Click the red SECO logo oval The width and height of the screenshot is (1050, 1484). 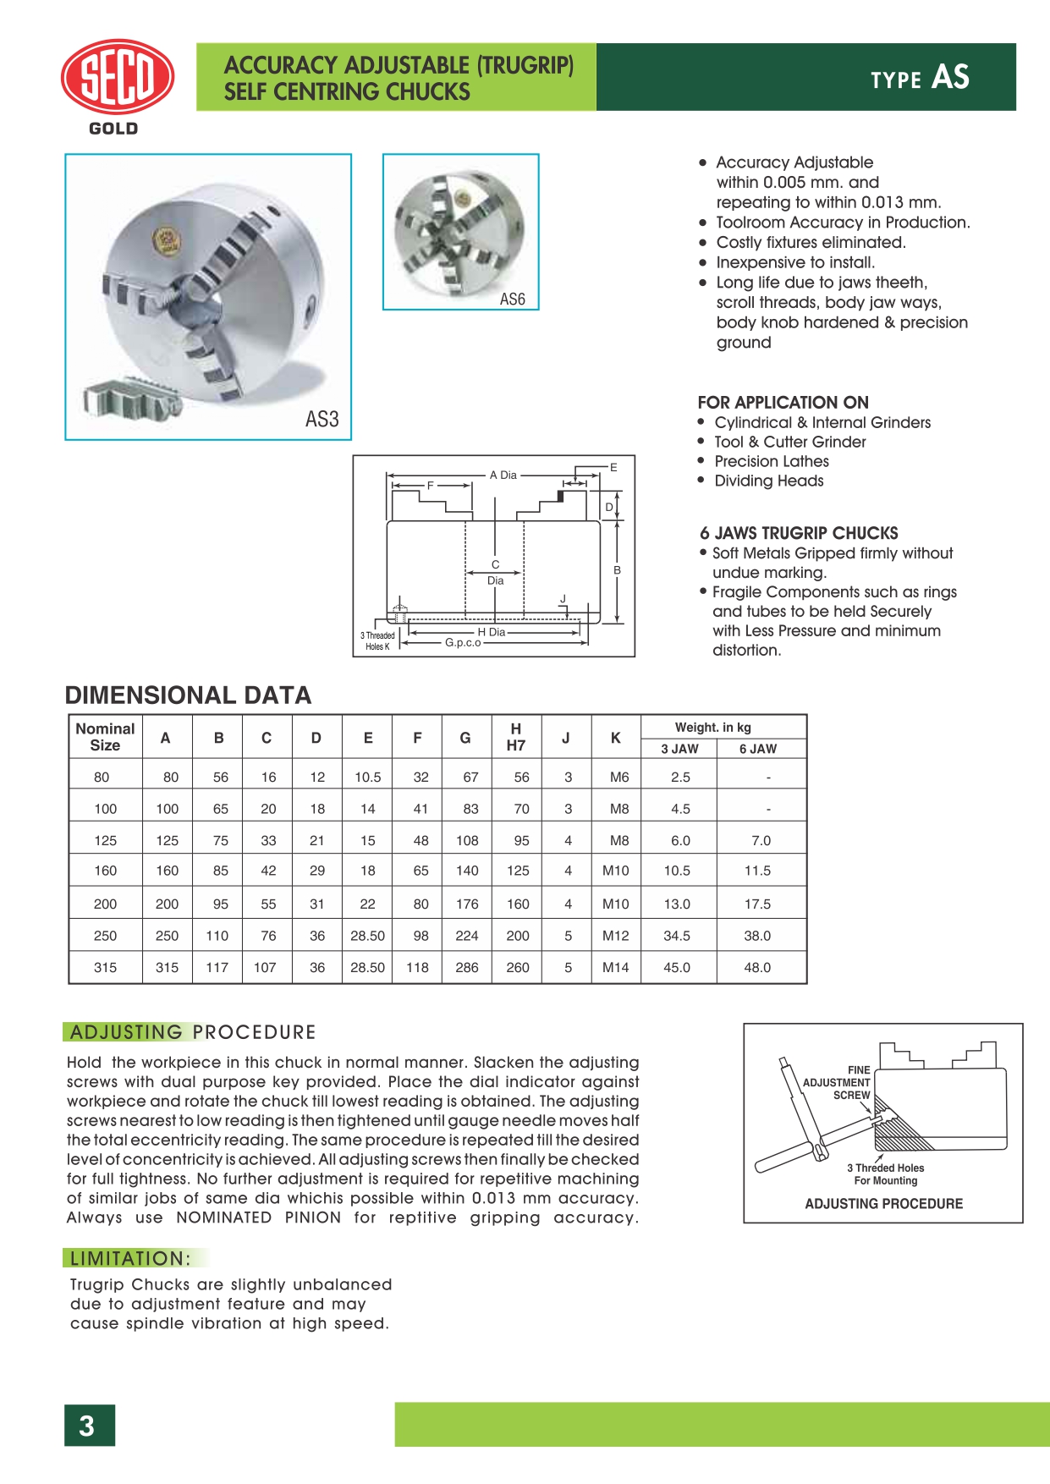(x=118, y=77)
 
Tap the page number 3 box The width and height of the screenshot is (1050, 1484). (x=89, y=1426)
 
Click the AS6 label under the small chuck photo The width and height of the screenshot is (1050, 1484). (x=512, y=300)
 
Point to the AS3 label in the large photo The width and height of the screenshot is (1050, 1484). (x=322, y=420)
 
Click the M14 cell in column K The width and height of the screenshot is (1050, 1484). (x=615, y=967)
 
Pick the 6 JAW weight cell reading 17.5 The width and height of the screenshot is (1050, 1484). (x=757, y=904)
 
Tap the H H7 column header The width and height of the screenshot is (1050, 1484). (x=515, y=737)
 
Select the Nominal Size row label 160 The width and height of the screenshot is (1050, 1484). (x=105, y=870)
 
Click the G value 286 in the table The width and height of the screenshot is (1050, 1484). (x=466, y=967)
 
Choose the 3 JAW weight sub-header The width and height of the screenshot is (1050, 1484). (x=679, y=749)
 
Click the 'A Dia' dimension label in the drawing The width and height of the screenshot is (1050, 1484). (x=503, y=475)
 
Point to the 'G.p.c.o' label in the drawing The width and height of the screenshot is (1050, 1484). (x=463, y=643)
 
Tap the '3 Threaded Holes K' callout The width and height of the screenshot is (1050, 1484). (x=377, y=640)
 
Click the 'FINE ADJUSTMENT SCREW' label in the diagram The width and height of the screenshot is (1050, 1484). (x=838, y=1082)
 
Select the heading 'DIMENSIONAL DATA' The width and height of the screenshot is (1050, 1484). (x=188, y=695)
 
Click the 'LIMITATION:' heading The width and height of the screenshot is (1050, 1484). (x=130, y=1258)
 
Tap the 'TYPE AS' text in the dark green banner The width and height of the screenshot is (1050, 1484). (x=920, y=78)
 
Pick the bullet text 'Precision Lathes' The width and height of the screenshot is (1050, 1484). (x=771, y=461)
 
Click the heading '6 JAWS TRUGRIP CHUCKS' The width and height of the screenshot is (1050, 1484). (x=799, y=533)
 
